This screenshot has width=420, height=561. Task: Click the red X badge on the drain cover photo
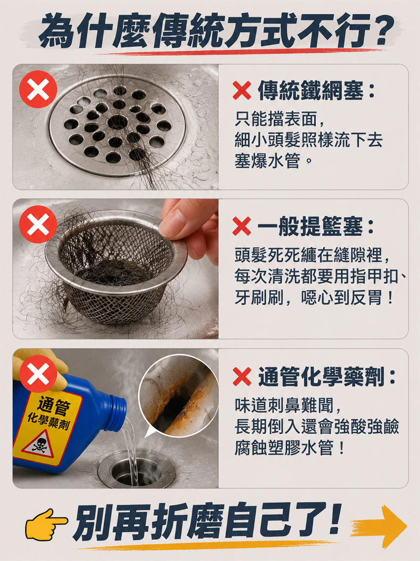click(38, 89)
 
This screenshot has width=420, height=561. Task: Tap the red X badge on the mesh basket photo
click(38, 224)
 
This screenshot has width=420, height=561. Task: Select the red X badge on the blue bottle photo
click(38, 374)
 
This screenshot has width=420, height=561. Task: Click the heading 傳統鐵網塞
click(310, 90)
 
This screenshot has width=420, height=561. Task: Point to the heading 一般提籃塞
click(310, 226)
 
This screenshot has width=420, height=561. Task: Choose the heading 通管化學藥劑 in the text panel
click(321, 377)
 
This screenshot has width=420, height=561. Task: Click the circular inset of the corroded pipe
click(178, 395)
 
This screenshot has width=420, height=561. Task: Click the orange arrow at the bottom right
click(380, 526)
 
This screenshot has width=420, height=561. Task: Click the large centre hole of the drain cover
click(117, 122)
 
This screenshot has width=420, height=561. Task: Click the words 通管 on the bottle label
click(54, 406)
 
